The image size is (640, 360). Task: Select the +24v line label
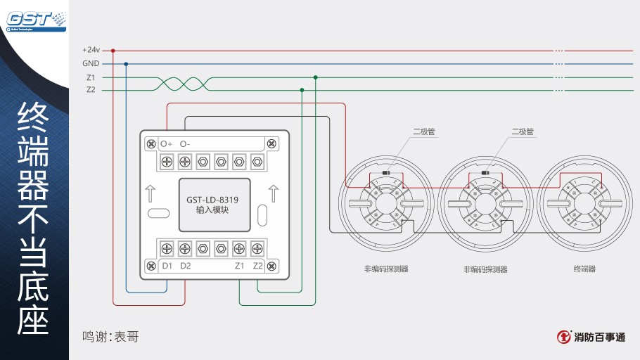tap(91, 51)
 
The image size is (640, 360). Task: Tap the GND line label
tap(91, 64)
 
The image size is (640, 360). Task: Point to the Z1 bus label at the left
tap(91, 77)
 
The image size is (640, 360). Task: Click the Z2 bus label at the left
tap(91, 90)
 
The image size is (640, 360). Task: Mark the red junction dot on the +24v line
tap(113, 51)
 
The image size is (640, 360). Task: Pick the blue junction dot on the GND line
tap(127, 64)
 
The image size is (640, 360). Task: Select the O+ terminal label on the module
tap(167, 143)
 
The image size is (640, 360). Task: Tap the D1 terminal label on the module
tap(167, 266)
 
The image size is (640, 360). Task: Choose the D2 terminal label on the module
tap(185, 266)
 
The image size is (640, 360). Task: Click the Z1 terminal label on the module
tap(240, 266)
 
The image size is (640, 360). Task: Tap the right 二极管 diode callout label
tap(523, 131)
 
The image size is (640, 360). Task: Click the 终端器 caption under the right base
tap(584, 269)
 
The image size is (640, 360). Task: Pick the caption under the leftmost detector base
tap(386, 269)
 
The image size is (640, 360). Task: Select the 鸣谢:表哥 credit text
tap(110, 337)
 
